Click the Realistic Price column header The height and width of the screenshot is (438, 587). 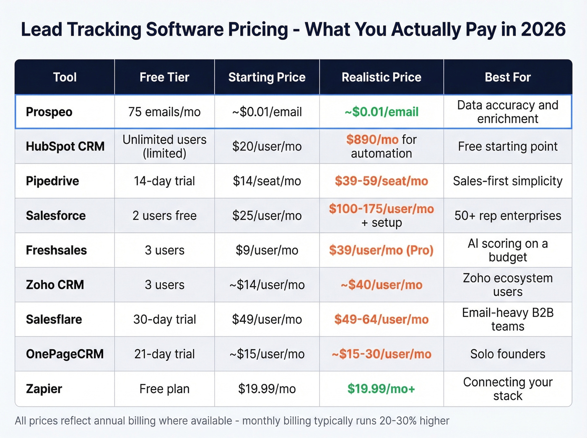point(381,77)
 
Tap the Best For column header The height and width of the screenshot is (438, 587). point(507,77)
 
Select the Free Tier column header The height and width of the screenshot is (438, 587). point(164,77)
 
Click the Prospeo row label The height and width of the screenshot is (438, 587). point(49,112)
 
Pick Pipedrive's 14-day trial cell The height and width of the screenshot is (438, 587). point(164,181)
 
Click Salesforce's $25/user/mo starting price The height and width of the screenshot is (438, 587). point(267,215)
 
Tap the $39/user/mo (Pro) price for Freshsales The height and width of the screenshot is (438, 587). point(381,250)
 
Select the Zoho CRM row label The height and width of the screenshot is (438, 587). point(55,285)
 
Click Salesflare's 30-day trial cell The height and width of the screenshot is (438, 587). point(164,319)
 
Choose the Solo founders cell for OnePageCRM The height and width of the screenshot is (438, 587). point(507,354)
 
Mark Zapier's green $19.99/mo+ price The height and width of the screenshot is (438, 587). point(381,389)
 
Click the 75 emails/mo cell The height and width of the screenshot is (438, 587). point(164,112)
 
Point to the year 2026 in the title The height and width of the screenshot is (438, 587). point(543,29)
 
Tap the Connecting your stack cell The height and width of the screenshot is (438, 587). point(507,389)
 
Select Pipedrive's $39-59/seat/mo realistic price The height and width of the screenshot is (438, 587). point(381,181)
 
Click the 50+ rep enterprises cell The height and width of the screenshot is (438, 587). point(507,215)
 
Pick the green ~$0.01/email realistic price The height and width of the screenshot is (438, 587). point(381,112)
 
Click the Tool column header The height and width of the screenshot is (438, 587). point(65,77)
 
